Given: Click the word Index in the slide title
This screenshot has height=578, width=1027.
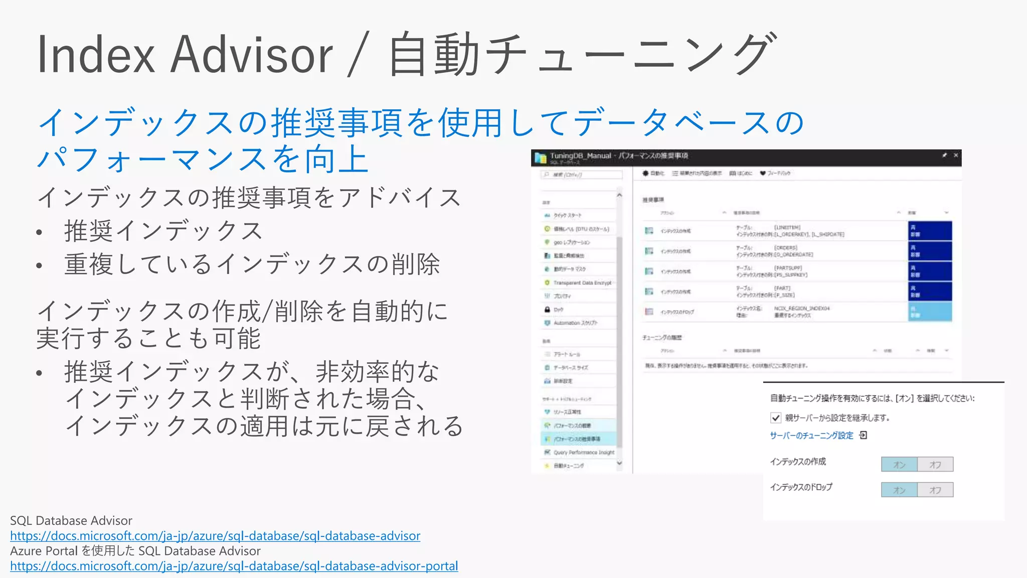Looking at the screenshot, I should tap(96, 55).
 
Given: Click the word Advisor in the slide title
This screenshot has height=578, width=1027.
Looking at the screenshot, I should tap(251, 55).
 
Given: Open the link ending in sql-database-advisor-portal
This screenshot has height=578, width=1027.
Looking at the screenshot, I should tap(234, 566).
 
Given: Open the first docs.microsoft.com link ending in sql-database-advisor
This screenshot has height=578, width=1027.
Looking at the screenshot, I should tap(215, 536).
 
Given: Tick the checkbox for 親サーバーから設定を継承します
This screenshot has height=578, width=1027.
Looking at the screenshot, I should tap(776, 417).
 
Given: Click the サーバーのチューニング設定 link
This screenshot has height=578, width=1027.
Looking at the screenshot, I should tap(811, 436).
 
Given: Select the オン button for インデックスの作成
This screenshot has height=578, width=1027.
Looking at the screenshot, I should tap(899, 465).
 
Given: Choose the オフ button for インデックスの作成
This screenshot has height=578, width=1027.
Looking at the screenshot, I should tap(935, 465).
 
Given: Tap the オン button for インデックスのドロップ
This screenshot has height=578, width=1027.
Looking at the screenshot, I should tap(899, 490).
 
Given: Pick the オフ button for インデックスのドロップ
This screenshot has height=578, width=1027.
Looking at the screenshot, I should tap(935, 490).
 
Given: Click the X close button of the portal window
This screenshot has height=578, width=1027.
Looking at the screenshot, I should tap(956, 156).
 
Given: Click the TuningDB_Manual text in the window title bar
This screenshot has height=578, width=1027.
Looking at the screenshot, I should tap(581, 156).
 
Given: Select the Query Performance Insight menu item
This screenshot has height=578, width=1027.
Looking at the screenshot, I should tap(584, 453).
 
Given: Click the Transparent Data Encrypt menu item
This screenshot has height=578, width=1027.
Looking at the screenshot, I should tap(582, 283).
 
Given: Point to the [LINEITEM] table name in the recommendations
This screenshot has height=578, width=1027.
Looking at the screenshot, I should tap(787, 228).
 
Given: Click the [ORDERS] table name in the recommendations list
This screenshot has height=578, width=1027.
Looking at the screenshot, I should tap(785, 248).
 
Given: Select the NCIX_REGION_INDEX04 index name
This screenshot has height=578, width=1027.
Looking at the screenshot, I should tap(802, 309).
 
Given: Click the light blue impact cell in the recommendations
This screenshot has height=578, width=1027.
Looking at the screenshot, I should tap(930, 312).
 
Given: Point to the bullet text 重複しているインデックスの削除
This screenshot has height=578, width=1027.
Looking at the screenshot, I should tap(252, 264).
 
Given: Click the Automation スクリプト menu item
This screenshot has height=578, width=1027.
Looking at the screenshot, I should tap(575, 323).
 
